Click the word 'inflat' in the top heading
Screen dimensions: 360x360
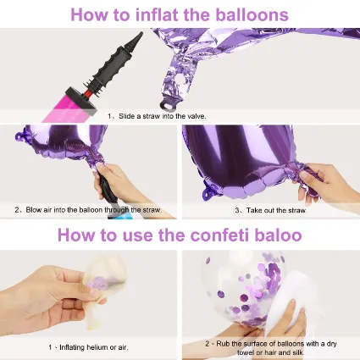pyautogui.click(x=158, y=14)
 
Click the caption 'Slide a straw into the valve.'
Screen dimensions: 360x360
pyautogui.click(x=163, y=116)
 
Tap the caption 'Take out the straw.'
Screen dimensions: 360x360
pyautogui.click(x=276, y=210)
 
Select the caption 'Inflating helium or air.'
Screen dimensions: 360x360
pyautogui.click(x=93, y=347)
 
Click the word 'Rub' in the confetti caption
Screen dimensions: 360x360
pyautogui.click(x=223, y=344)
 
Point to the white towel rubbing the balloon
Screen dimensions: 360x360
pyautogui.click(x=288, y=299)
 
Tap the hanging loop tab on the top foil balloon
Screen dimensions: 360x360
pyautogui.click(x=169, y=105)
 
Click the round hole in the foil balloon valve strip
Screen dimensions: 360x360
pyautogui.click(x=178, y=81)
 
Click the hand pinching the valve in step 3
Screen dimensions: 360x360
pyautogui.click(x=324, y=184)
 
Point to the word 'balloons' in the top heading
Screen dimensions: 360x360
pyautogui.click(x=252, y=14)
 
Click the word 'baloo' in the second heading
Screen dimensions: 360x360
pyautogui.click(x=279, y=235)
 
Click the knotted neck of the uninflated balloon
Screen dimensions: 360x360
pyautogui.click(x=92, y=324)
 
